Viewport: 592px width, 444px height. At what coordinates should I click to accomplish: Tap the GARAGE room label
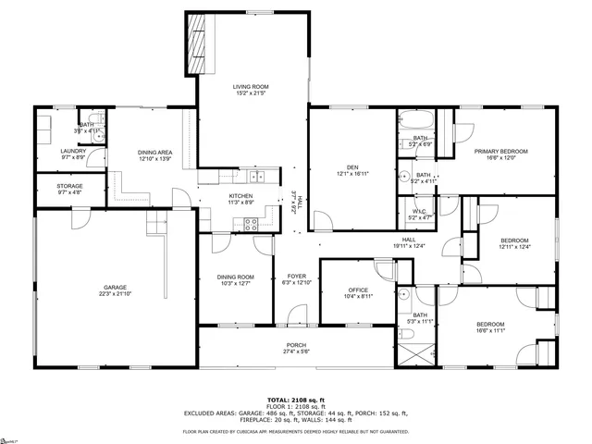[x=116, y=287]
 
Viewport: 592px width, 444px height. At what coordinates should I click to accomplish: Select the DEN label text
[x=352, y=166]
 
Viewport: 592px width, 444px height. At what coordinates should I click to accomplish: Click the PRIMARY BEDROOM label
[x=500, y=151]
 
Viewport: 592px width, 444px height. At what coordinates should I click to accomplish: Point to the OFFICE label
[x=358, y=290]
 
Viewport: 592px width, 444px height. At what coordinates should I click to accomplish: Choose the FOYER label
[x=296, y=276]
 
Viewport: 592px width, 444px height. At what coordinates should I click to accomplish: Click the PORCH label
[x=296, y=345]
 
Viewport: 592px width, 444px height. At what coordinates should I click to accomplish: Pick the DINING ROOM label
[x=235, y=277]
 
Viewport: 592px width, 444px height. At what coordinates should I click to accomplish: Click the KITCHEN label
[x=241, y=196]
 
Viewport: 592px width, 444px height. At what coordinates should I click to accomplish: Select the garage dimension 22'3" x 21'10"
[x=116, y=293]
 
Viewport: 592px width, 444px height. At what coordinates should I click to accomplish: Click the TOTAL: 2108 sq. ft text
[x=296, y=393]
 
